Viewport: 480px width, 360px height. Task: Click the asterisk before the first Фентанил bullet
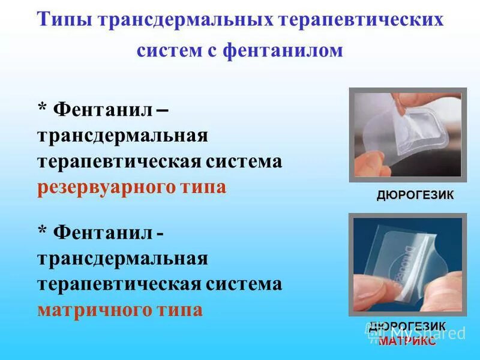pyautogui.click(x=42, y=109)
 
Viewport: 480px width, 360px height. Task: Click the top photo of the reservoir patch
pyautogui.click(x=408, y=135)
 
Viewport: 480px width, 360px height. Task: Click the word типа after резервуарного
pyautogui.click(x=203, y=187)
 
